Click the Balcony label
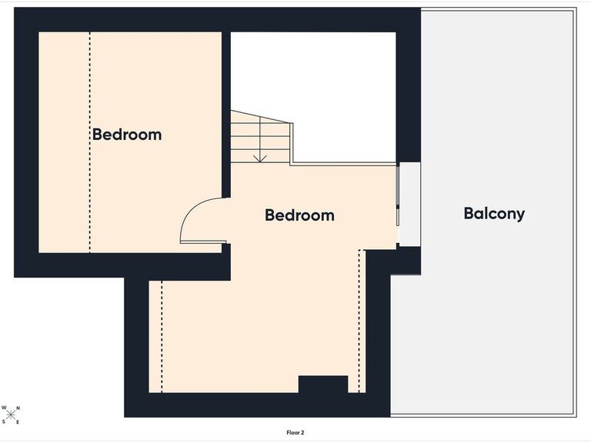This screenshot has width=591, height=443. point(494,214)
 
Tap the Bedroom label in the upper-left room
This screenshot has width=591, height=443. point(127,135)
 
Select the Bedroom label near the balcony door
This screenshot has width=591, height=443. point(299,215)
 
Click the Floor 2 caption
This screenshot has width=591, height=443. point(295,432)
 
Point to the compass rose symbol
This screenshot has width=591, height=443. point(11,415)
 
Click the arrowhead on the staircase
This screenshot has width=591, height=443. point(260,158)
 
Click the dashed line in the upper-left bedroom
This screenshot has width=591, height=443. point(90,142)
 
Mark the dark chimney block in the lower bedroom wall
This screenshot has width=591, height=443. point(323,384)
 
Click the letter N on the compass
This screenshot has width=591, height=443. point(18,408)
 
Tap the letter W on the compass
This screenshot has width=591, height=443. point(4,408)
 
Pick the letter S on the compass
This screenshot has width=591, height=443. point(4,421)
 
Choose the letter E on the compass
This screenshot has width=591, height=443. point(18,422)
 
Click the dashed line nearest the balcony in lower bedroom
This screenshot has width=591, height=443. point(359,321)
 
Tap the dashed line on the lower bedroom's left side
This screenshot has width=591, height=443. point(162,336)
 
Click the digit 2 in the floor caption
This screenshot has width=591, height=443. point(302,432)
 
